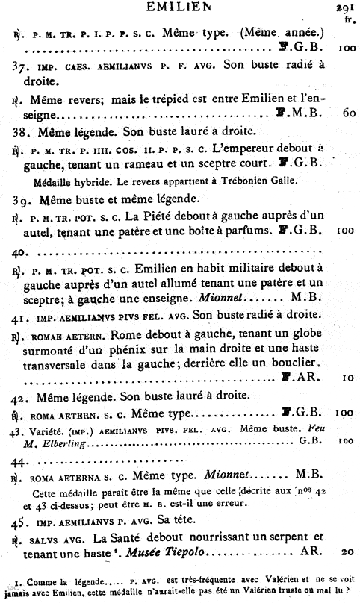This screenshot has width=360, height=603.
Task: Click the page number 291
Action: coord(345,9)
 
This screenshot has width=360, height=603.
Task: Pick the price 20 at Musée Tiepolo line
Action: coord(345,552)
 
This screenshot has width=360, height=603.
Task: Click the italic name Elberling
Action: coord(60,445)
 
